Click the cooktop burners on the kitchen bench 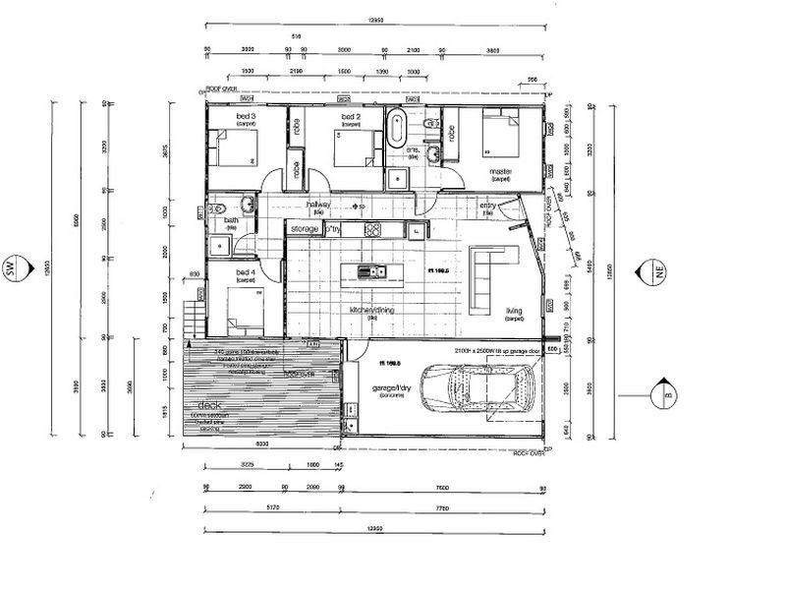tap(373, 230)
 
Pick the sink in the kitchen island tap(365, 271)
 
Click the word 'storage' tap(306, 228)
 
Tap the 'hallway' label tap(319, 205)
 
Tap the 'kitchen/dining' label tap(372, 311)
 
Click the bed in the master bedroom tap(505, 139)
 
